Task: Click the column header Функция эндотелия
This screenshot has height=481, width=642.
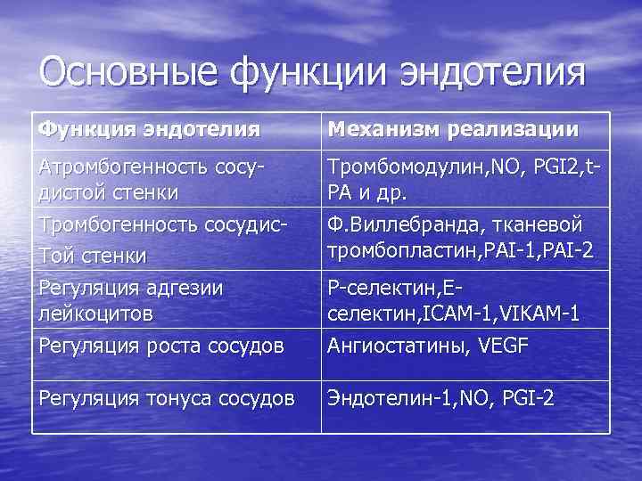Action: coord(149,130)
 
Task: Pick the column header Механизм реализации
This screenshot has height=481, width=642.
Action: coord(453,130)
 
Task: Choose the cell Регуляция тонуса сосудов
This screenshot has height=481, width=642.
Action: coord(166,398)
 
